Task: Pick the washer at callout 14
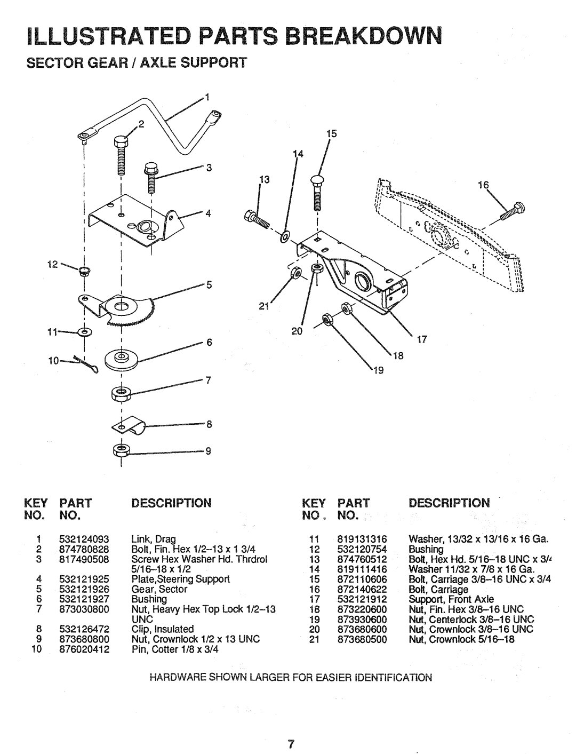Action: click(x=285, y=236)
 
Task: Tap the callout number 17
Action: click(x=422, y=340)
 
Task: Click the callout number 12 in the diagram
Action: click(x=52, y=264)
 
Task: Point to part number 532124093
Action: click(x=84, y=539)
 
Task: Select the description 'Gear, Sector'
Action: click(x=159, y=589)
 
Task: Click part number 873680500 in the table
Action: click(x=362, y=639)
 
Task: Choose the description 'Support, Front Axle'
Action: click(x=451, y=599)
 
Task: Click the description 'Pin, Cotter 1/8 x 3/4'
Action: click(x=175, y=649)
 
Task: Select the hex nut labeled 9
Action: click(x=121, y=450)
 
